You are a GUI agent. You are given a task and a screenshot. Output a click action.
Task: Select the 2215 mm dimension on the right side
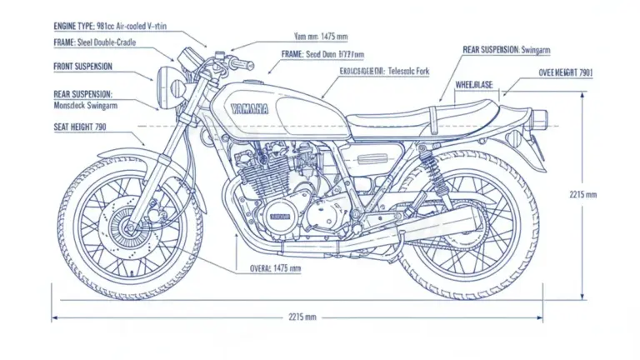click(x=583, y=195)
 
